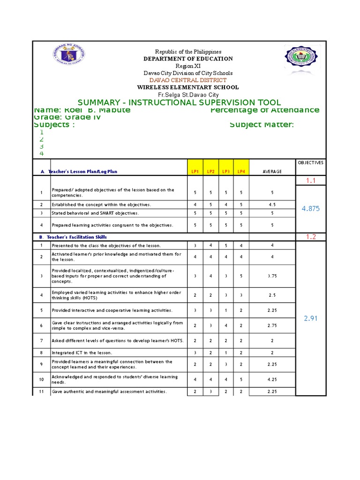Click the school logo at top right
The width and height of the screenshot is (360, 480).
pos(303,60)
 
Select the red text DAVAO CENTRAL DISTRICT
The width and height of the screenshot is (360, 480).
pos(187,80)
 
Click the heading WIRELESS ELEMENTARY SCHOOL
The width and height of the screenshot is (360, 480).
pos(187,87)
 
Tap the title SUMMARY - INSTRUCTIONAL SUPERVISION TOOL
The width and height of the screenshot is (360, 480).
pos(180,102)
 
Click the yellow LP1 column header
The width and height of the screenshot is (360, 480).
pos(195,172)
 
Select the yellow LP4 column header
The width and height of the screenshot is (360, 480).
pos(241,172)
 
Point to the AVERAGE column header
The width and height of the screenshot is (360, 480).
pos(272,172)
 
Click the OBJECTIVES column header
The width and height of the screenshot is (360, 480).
pos(311,163)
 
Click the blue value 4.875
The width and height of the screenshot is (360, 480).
pos(311,209)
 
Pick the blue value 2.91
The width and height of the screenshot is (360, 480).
pos(311,318)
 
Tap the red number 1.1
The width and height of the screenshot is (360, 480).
pos(311,180)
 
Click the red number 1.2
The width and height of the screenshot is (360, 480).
pos(311,237)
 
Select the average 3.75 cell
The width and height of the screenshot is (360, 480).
pos(272,276)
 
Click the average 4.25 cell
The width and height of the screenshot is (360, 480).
pos(272,379)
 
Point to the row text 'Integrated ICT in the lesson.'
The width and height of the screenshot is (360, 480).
pos(82,352)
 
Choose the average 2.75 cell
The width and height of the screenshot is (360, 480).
pos(272,325)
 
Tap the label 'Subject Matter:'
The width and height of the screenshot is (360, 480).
pos(262,124)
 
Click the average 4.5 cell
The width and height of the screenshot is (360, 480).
pos(272,204)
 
